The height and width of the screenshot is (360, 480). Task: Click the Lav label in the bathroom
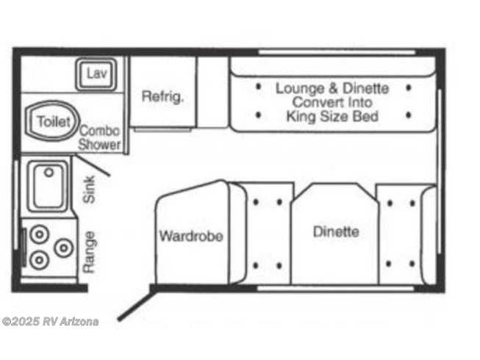click(96, 73)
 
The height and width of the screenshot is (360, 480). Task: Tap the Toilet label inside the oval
click(54, 121)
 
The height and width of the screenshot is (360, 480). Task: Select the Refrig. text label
click(163, 96)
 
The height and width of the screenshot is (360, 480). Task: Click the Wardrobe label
click(191, 236)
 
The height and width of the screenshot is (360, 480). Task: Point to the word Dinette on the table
click(336, 231)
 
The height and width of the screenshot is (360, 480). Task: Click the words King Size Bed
click(332, 117)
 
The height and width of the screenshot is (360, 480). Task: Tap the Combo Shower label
click(99, 137)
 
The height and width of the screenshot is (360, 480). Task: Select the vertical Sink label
click(90, 190)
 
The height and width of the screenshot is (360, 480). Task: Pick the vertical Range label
click(90, 252)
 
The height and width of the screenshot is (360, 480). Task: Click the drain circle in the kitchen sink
click(49, 173)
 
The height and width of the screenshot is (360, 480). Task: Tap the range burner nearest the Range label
click(64, 248)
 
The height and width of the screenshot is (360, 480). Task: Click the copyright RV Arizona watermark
click(51, 322)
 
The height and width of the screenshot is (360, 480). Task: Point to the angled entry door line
click(135, 303)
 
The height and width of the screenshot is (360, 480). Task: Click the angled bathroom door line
click(92, 165)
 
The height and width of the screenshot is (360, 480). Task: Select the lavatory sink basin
click(96, 73)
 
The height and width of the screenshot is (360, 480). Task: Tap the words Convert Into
click(332, 102)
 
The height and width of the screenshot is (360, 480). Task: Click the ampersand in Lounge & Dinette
click(333, 88)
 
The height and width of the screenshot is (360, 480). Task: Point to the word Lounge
click(300, 88)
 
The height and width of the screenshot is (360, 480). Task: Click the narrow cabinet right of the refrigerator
click(212, 92)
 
